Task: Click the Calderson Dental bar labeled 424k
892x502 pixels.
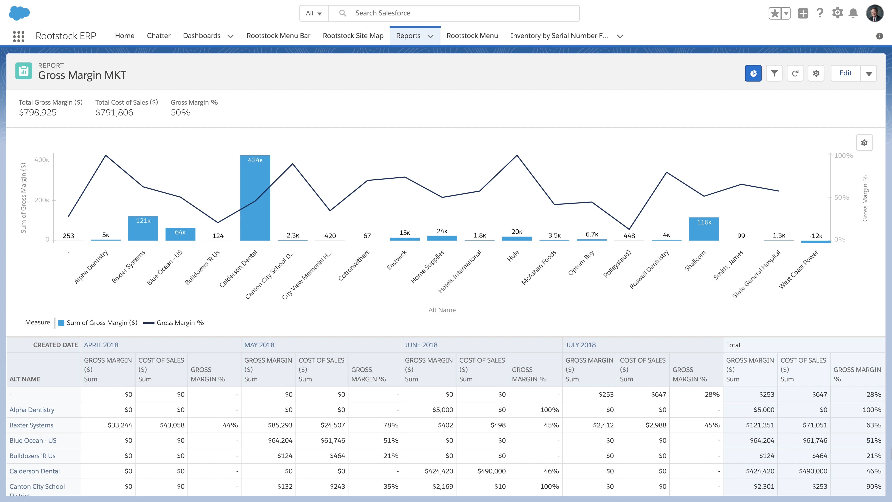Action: (255, 201)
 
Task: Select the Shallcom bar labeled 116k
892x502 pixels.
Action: (704, 230)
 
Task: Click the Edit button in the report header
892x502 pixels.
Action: (845, 73)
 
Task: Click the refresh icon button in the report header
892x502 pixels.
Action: (795, 73)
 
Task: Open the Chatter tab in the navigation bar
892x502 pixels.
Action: (159, 36)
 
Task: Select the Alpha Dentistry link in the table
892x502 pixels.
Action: (32, 410)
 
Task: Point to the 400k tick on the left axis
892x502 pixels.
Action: (42, 160)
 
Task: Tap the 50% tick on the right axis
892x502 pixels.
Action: (841, 197)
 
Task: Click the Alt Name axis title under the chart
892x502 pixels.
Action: (442, 310)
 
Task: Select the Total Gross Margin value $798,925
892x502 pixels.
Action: (38, 113)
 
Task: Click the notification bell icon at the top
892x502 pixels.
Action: (853, 13)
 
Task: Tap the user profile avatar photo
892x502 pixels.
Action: (875, 13)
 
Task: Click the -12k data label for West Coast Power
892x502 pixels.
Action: (816, 236)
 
